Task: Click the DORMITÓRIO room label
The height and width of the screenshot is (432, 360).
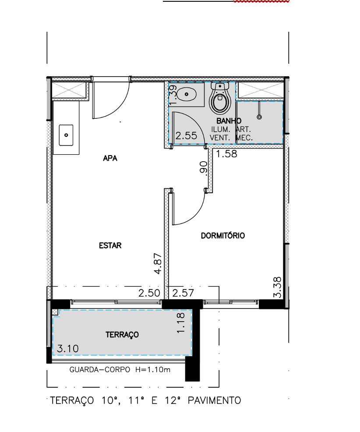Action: pos(223,236)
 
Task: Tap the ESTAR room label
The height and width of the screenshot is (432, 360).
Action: pos(110,245)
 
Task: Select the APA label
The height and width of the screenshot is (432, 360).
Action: pos(110,158)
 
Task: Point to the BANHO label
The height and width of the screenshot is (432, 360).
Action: pos(229,120)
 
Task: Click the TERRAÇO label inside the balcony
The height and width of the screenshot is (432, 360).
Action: pos(122,335)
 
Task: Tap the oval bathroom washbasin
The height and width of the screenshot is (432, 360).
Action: pos(187,94)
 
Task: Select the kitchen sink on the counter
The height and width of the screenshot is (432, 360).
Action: pos(66,135)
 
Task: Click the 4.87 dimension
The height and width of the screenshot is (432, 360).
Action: pos(158,263)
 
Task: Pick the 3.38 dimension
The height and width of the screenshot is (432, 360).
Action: pos(278,287)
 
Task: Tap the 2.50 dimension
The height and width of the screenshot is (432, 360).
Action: pos(149,293)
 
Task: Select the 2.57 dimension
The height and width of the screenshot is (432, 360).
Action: pos(183,293)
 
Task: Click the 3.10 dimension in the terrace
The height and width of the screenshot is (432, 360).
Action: pos(68,348)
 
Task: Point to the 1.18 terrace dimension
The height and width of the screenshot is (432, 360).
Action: pos(181,322)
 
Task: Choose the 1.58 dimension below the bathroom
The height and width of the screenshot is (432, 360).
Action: pos(226,154)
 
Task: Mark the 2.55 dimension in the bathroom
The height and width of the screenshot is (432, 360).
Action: pos(187,135)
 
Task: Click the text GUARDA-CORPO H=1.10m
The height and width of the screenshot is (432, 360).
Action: pos(120,369)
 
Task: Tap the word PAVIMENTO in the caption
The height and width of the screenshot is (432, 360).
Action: pos(214,400)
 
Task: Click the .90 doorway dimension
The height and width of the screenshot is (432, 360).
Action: pos(203,167)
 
